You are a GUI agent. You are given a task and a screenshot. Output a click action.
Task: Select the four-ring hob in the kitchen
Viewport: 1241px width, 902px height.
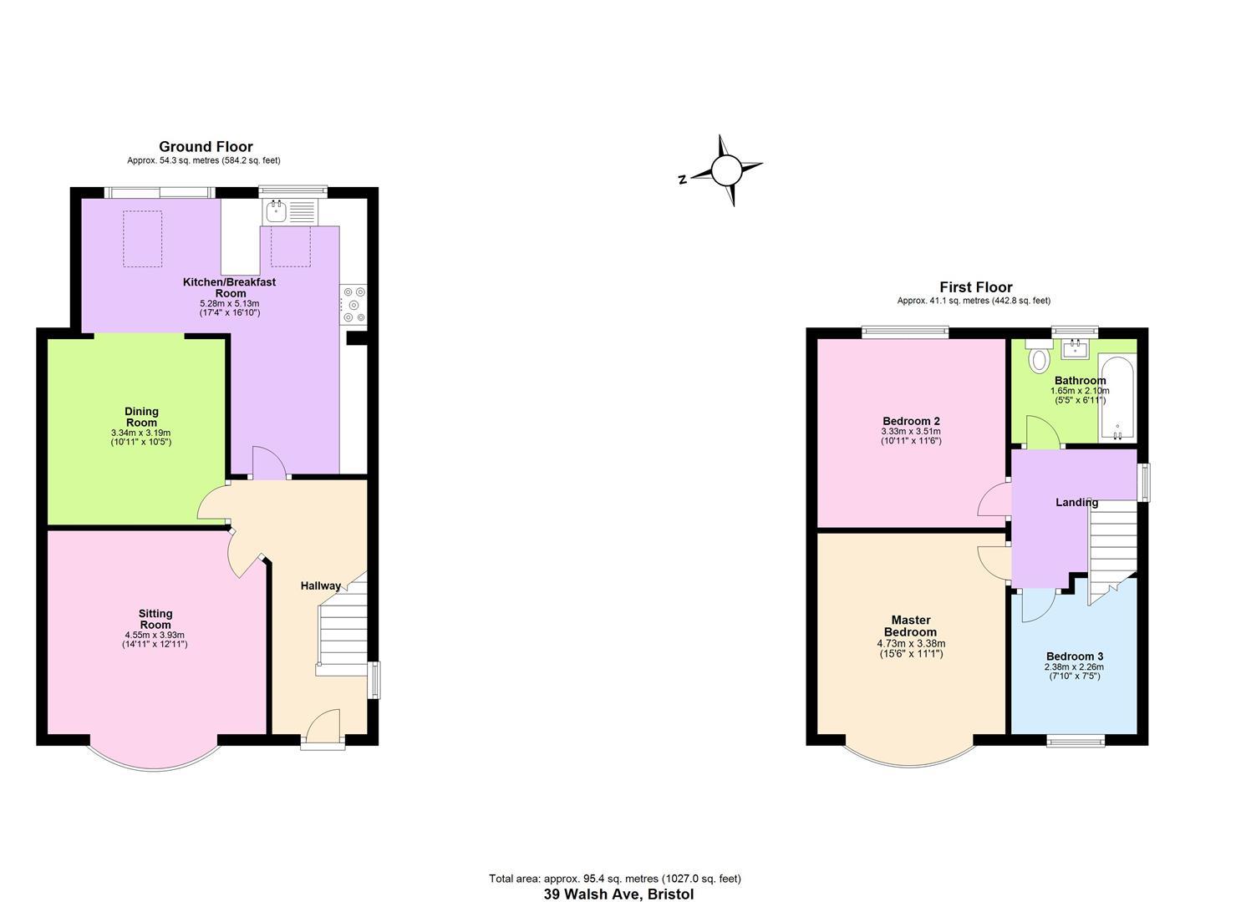point(353,305)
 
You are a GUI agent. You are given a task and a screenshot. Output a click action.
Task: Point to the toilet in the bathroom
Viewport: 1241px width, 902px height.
point(1039,357)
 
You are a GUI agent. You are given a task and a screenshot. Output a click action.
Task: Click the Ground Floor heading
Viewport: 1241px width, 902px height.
point(206,147)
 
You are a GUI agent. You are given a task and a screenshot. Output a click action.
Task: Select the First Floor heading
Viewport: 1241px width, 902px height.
point(975,287)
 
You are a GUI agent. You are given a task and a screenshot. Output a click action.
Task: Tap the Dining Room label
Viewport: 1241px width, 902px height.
point(141,417)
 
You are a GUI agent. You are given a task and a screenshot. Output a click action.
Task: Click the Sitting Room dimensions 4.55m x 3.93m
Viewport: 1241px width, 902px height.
point(155,635)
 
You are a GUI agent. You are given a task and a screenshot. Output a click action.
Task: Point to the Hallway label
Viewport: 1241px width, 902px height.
point(321,586)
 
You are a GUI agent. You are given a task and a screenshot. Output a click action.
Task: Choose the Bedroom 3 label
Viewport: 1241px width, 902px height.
point(1075,656)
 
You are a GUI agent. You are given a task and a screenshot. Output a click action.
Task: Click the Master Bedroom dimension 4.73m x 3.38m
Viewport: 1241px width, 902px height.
point(911,644)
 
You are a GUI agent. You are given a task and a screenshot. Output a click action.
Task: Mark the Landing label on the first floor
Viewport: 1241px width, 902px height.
point(1076,503)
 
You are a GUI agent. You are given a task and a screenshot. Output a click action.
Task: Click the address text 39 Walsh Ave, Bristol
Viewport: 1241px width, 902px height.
point(618,894)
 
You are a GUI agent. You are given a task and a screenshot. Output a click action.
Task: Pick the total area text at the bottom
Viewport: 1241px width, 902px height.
point(615,879)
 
